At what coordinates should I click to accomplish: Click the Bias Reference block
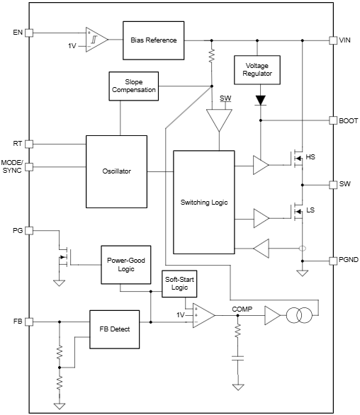[153, 40]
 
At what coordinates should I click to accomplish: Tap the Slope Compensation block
[133, 86]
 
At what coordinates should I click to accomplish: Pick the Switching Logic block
[204, 203]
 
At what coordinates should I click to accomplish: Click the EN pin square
[29, 33]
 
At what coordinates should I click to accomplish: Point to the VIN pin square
[332, 40]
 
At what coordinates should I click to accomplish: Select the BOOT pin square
[332, 120]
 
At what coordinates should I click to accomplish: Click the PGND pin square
[332, 261]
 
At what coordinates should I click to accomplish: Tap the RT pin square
[29, 144]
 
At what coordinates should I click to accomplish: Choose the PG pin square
[29, 230]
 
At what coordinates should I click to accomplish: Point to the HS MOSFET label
[310, 157]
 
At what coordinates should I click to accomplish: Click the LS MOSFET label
[310, 210]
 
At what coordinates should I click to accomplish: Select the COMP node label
[242, 309]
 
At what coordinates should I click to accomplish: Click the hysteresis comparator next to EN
[96, 40]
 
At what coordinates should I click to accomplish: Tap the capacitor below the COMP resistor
[237, 360]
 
